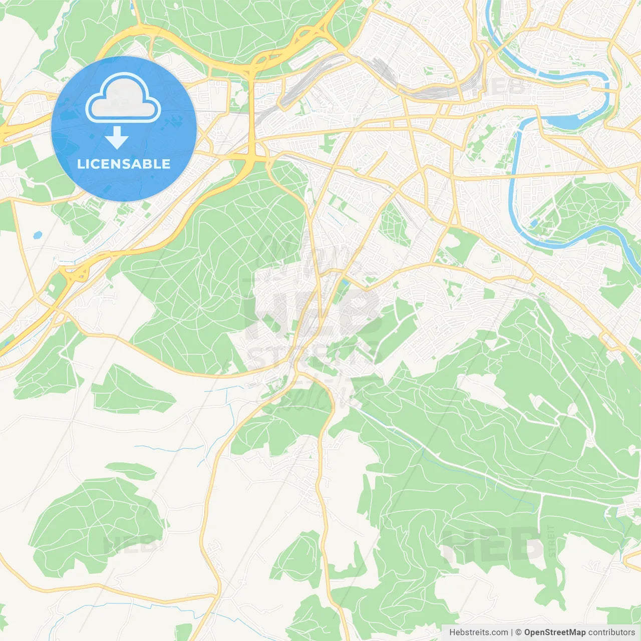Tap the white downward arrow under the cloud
pos(117,137)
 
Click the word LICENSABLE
pos(124,164)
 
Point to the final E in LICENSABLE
pos(165,164)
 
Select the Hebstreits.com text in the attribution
pos(478,632)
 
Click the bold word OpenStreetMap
pos(554,632)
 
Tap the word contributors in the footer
pos(611,632)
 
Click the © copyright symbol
pos(519,632)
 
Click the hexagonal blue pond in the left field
pos(37,234)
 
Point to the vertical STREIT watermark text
pos(551,541)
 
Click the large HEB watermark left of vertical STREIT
pos(491,546)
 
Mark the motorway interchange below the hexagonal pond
pos(75,274)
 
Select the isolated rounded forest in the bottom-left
pos(95,523)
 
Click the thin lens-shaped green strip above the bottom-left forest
pos(131,470)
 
